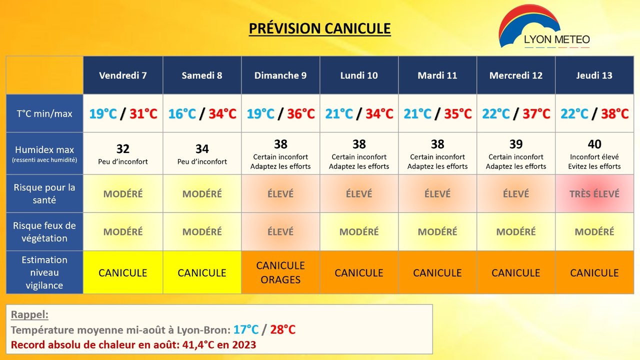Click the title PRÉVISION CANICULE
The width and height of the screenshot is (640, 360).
coord(319,28)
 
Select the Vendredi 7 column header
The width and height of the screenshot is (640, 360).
coord(123,75)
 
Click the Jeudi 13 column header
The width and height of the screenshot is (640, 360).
coord(594,75)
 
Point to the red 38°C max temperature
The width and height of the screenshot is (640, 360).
coord(614,113)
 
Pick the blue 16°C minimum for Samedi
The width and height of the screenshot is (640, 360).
coord(182,113)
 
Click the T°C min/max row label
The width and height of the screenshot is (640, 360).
coord(44,113)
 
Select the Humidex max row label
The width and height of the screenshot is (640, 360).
coord(44,153)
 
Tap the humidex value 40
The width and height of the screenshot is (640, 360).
coord(594,144)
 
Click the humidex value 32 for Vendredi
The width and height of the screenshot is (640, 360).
coord(123,149)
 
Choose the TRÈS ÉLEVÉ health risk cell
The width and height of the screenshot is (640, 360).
coord(594,194)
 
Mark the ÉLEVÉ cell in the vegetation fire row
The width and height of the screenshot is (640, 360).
coord(280,231)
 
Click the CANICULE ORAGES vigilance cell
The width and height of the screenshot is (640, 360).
coord(280,272)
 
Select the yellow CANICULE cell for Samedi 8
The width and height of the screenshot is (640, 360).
coord(201,272)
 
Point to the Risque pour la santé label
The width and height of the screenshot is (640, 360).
coord(44,193)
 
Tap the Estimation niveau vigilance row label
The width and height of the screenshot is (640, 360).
coord(44,272)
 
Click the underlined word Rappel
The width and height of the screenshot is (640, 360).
coord(29,314)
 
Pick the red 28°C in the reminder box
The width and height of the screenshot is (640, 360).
coord(282,329)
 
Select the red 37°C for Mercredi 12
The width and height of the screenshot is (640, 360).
coord(536,113)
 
